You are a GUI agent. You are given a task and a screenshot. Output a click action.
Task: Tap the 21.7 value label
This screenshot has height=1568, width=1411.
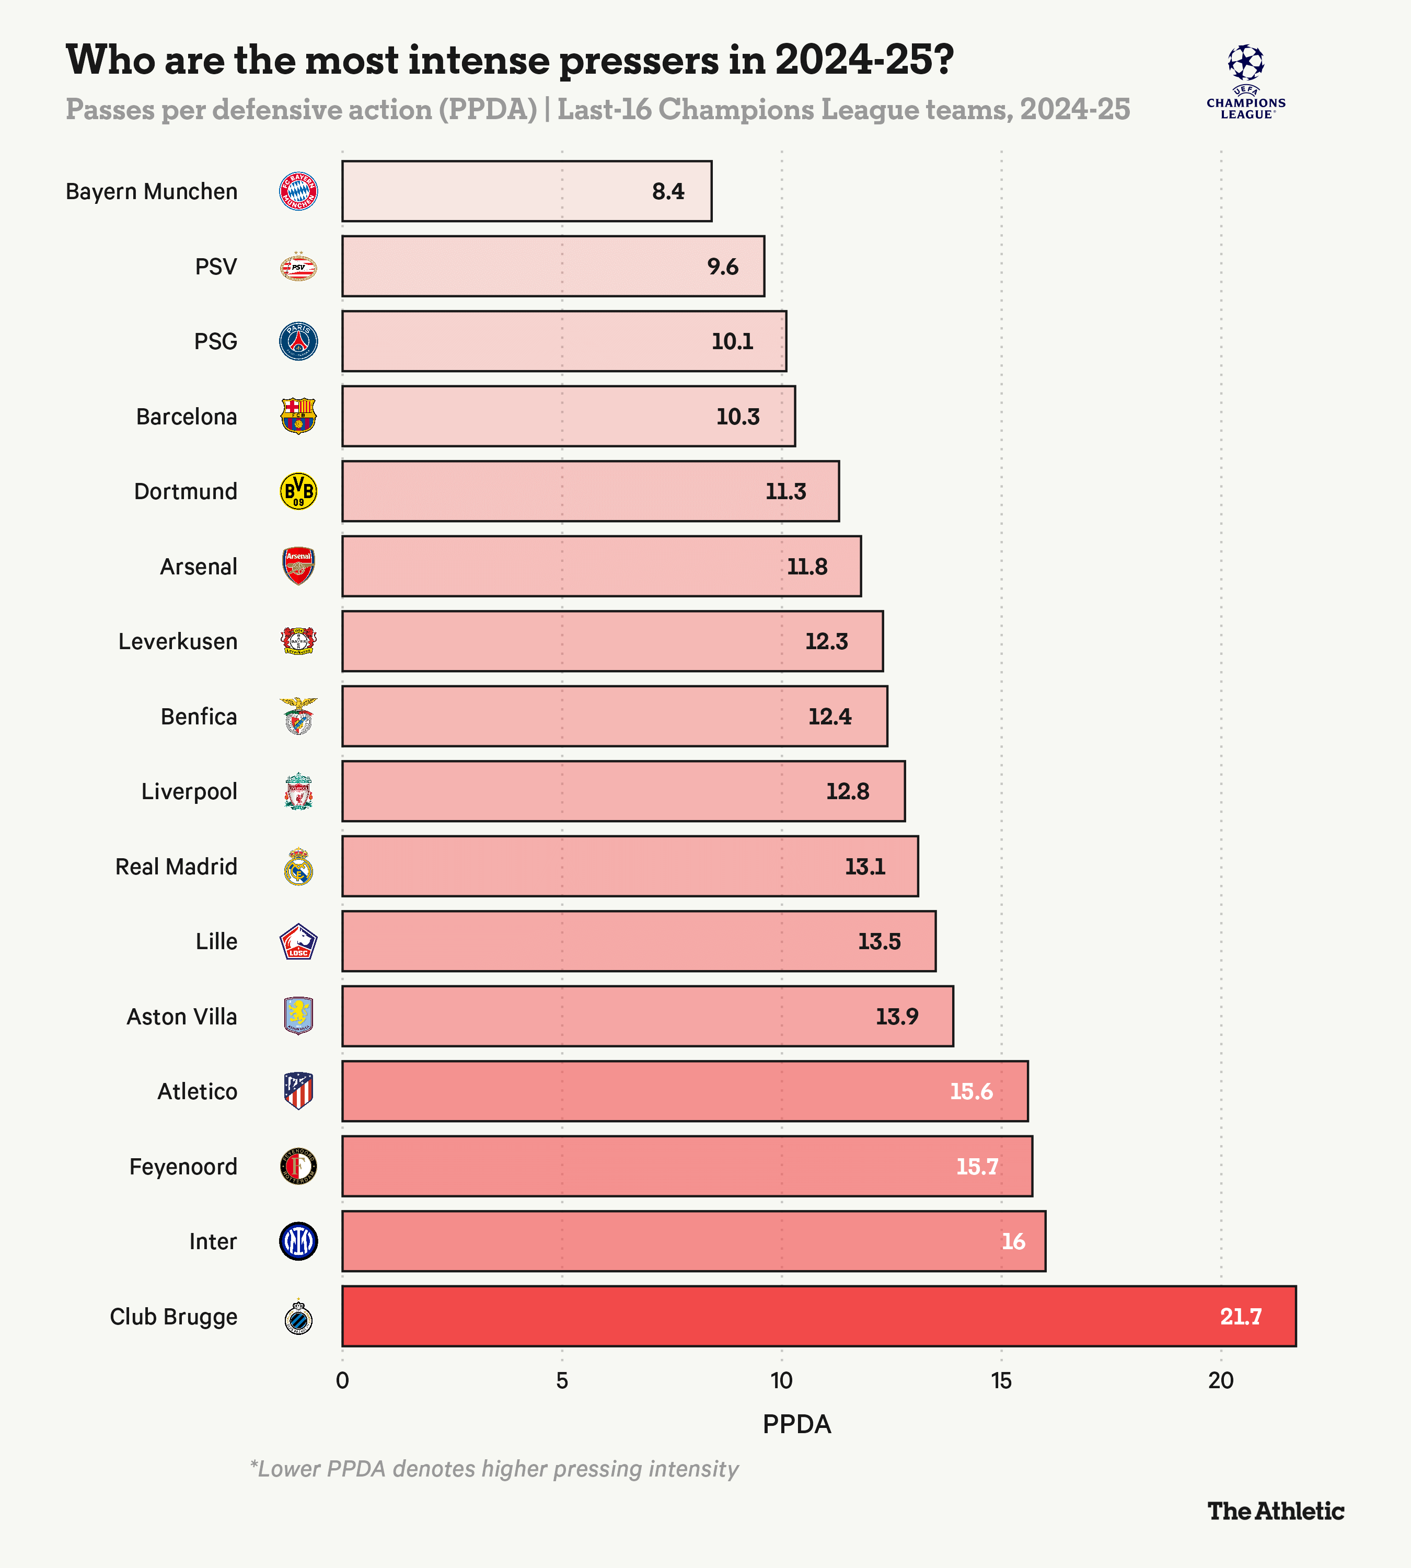coord(1241,1317)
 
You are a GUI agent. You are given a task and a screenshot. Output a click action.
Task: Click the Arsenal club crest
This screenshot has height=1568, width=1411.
coord(298,566)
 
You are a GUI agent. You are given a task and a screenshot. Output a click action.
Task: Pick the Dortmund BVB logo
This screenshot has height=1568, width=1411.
coord(298,491)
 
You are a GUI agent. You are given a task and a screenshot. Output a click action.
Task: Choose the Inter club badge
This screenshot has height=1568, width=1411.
coord(298,1241)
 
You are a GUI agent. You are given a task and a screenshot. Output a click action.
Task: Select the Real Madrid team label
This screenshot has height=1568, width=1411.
coord(176,866)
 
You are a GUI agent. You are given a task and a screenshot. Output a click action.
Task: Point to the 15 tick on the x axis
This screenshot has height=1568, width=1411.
coord(1001,1380)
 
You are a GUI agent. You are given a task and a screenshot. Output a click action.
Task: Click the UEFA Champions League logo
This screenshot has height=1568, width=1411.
coord(1246,82)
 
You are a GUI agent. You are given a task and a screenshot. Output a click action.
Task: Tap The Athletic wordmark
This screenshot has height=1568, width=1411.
coord(1275,1511)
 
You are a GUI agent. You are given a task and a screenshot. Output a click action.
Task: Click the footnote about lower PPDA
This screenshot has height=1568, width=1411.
coord(494,1469)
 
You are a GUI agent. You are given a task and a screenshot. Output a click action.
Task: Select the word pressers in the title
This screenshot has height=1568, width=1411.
coord(638,61)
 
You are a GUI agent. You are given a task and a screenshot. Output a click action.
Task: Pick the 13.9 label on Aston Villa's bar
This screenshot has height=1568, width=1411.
coord(897,1017)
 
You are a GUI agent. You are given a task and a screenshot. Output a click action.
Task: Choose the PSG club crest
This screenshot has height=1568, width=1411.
coord(298,341)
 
